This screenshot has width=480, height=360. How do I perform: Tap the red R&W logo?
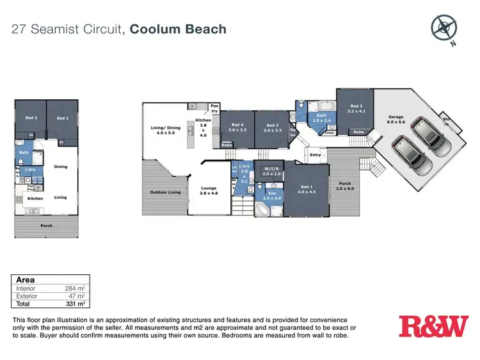click(x=433, y=326)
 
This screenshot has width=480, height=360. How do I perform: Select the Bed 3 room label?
click(x=273, y=127)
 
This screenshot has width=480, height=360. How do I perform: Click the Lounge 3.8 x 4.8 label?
click(x=209, y=190)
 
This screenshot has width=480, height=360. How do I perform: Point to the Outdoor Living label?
click(x=165, y=192)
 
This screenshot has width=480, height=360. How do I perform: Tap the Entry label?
click(x=315, y=155)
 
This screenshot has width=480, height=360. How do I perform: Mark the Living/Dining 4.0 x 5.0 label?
click(x=165, y=130)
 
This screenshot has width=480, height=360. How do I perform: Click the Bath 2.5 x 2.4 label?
click(x=321, y=118)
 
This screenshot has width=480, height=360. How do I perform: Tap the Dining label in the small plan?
click(x=61, y=167)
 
